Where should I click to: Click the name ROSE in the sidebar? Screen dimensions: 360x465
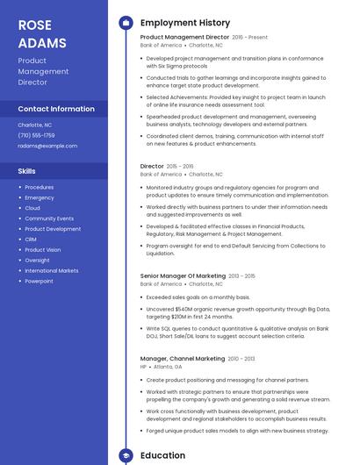(36, 24)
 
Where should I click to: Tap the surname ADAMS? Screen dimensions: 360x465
(41, 42)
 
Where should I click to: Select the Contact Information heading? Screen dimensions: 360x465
(56, 109)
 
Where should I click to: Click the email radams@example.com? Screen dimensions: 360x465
(47, 146)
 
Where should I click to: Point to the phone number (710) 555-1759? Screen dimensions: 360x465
(36, 135)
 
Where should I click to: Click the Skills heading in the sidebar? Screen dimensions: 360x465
(27, 171)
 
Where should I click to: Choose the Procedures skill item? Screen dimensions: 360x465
(39, 187)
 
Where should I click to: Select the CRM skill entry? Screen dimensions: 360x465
(31, 240)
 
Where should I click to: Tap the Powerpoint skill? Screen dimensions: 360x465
(39, 282)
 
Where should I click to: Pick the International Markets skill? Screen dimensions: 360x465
(51, 271)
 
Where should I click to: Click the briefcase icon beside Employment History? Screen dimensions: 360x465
(126, 23)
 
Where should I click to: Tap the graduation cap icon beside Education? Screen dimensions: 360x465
(126, 455)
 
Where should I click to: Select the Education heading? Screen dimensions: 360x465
(162, 455)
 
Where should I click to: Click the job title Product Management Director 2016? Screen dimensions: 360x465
(184, 37)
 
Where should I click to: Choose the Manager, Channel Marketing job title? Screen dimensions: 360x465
(183, 359)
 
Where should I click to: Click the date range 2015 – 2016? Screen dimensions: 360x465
(180, 166)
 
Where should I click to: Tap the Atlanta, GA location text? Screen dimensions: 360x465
(168, 367)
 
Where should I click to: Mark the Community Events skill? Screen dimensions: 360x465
(49, 218)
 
